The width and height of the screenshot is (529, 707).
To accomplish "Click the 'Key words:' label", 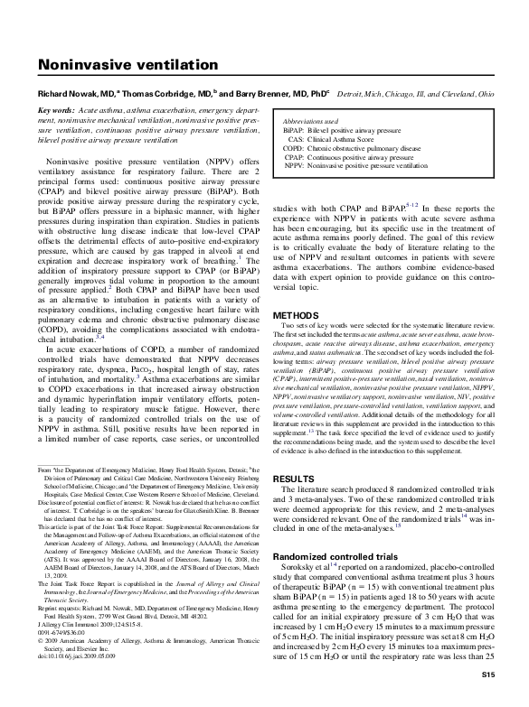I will (x=56, y=108).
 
